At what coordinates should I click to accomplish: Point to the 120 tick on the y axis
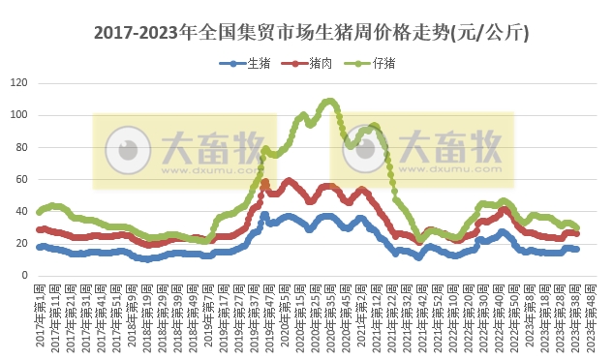point(18,83)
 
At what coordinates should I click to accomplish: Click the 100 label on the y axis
point(18,115)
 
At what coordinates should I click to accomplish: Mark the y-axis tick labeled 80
point(21,147)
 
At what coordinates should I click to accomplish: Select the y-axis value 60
point(21,179)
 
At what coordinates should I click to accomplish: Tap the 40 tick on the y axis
point(21,211)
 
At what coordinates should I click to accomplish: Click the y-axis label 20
point(21,243)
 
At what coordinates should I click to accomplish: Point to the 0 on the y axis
point(24,275)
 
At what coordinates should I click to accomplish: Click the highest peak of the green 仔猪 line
point(329,100)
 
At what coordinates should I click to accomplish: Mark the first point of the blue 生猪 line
point(39,247)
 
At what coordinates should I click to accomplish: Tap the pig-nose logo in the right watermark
point(365,150)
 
